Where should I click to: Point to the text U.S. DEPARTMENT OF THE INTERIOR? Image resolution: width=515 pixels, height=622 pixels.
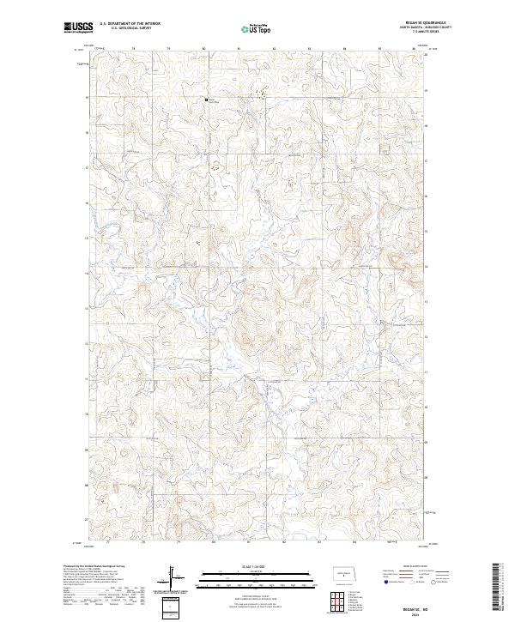(x=130, y=23)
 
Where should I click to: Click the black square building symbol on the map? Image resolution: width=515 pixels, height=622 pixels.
(x=206, y=100)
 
